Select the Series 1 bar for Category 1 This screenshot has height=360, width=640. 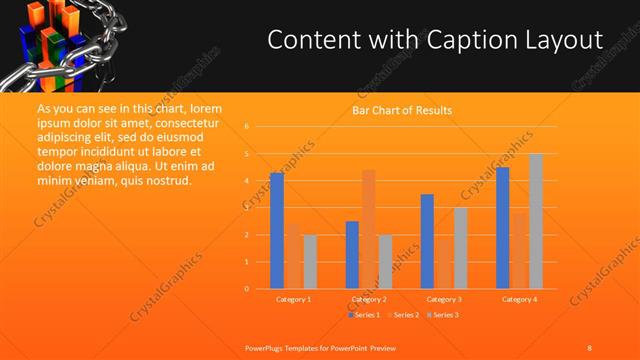pyautogui.click(x=277, y=231)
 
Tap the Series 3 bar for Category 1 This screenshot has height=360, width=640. pyautogui.click(x=310, y=262)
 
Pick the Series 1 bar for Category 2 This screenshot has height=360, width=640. pyautogui.click(x=352, y=255)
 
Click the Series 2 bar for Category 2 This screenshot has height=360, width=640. pyautogui.click(x=369, y=229)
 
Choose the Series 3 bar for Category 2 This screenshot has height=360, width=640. pyautogui.click(x=385, y=262)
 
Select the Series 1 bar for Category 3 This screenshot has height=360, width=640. pyautogui.click(x=427, y=241)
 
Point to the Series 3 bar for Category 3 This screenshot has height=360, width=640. pyautogui.click(x=460, y=248)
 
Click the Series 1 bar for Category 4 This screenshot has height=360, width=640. pyautogui.click(x=503, y=228)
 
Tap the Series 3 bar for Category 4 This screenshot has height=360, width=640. pyautogui.click(x=536, y=221)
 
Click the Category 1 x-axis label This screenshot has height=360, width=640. pyautogui.click(x=293, y=299)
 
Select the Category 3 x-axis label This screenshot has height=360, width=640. pyautogui.click(x=443, y=299)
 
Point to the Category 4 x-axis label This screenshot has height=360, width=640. pyautogui.click(x=519, y=299)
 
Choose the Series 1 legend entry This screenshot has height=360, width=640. pyautogui.click(x=363, y=315)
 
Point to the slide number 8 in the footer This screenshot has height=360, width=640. pyautogui.click(x=590, y=347)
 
